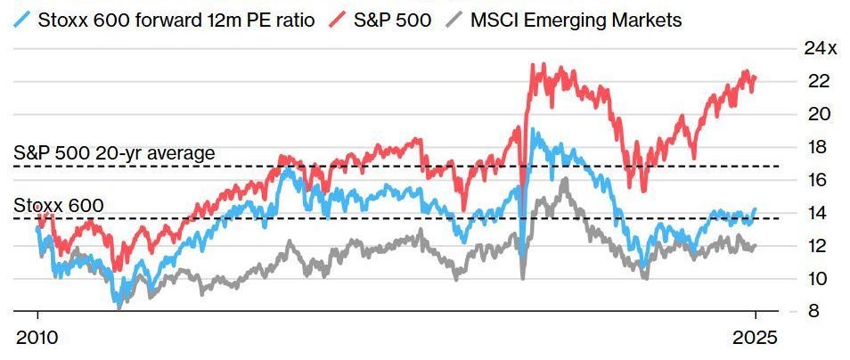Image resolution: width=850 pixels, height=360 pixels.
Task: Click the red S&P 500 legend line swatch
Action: click(x=339, y=19)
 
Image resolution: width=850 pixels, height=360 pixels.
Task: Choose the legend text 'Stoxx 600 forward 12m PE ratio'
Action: click(x=176, y=19)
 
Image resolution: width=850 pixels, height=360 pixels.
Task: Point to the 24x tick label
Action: click(x=821, y=48)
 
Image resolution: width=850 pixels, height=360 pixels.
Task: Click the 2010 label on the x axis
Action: click(x=37, y=339)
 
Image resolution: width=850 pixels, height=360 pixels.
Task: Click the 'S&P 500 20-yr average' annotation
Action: click(x=114, y=153)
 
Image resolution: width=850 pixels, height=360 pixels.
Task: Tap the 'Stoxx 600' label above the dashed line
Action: click(x=59, y=206)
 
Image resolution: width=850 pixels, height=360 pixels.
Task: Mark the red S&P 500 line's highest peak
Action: click(x=533, y=64)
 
